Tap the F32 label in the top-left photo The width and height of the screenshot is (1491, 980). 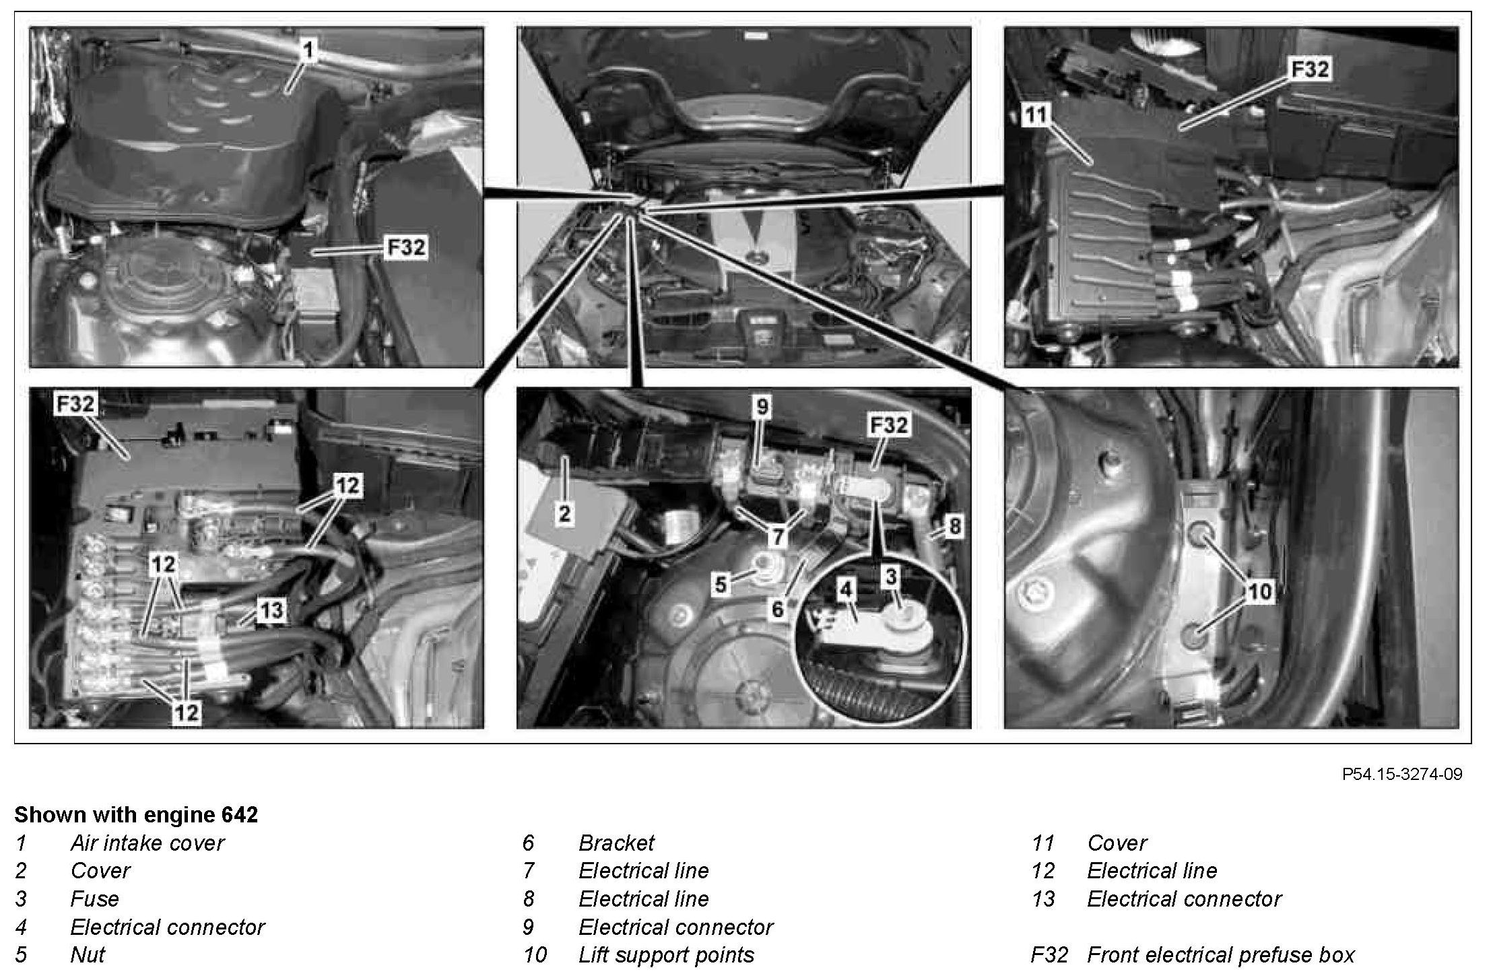click(406, 247)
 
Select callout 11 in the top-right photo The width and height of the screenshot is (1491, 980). click(1036, 115)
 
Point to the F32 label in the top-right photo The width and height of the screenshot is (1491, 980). click(1310, 69)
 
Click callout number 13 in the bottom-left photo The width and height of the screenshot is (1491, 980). click(271, 611)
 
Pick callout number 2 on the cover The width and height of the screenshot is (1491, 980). click(564, 515)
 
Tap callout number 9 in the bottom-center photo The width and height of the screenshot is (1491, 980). click(762, 406)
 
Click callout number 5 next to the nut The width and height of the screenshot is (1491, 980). click(721, 584)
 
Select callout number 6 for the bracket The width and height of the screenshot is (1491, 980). click(778, 609)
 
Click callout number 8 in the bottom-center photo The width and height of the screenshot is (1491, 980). click(954, 526)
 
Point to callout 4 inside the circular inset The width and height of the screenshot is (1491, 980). click(846, 590)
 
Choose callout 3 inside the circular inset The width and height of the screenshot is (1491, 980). click(891, 576)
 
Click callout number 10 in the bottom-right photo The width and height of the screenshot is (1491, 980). click(1259, 592)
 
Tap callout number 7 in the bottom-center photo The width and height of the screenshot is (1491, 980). click(778, 537)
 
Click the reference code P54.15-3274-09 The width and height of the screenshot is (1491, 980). click(1402, 775)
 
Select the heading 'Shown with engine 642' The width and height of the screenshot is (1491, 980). click(136, 815)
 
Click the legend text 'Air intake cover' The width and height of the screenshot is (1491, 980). click(147, 843)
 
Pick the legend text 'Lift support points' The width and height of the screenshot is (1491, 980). click(666, 955)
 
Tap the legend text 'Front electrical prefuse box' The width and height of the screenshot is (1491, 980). click(1221, 955)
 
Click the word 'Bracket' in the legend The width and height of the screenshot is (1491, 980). click(616, 843)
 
